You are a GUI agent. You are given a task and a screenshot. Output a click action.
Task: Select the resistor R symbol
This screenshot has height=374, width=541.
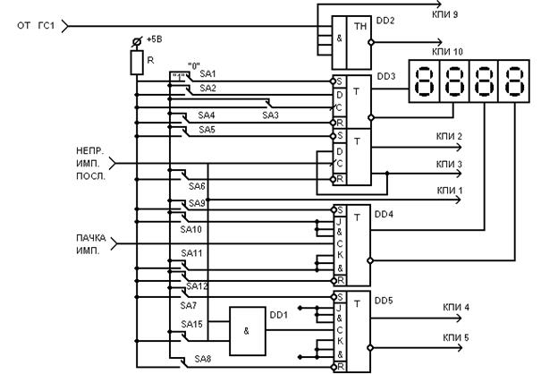[137, 62]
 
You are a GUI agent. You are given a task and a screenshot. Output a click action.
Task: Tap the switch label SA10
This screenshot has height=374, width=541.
[192, 229]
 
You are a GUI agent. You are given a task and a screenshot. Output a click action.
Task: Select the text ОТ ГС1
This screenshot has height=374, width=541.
[37, 24]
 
